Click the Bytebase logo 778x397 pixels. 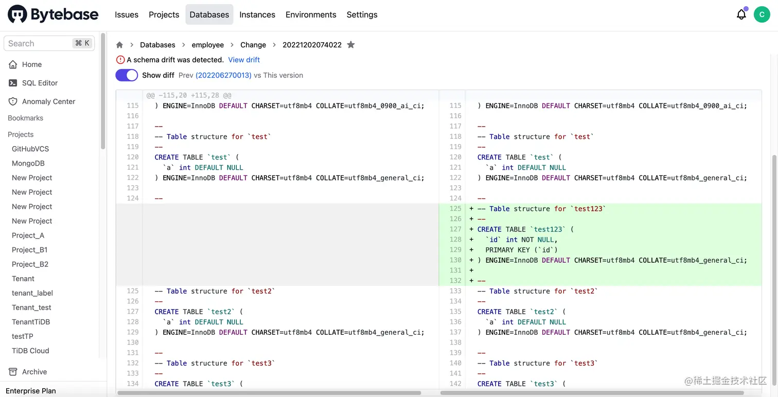(53, 14)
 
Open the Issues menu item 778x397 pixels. (127, 14)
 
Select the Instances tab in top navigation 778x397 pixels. (257, 14)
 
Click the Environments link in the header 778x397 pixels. (311, 14)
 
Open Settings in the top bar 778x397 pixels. (362, 14)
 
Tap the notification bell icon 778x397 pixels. (741, 14)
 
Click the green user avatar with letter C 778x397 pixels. (762, 14)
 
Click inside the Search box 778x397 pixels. (39, 43)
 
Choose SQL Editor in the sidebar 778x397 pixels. (40, 83)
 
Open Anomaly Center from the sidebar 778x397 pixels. (48, 101)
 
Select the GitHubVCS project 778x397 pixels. (30, 149)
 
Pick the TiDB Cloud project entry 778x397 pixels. (30, 351)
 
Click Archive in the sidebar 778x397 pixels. (34, 372)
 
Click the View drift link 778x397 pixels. (244, 60)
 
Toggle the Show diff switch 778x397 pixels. (127, 75)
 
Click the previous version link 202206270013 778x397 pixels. (223, 75)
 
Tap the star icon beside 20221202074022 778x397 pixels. (351, 45)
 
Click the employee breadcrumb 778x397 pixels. (208, 45)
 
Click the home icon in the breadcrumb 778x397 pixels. (119, 45)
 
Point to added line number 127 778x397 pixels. (455, 229)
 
